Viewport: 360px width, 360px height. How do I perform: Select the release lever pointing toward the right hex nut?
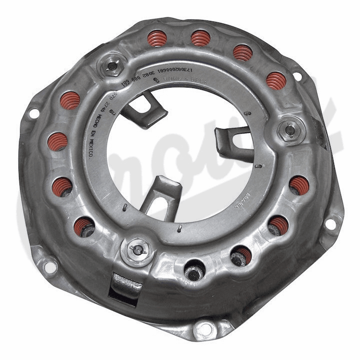click(234, 143)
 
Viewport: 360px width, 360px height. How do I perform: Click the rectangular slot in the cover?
click(125, 286)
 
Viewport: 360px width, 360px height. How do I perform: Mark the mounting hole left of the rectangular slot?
click(50, 266)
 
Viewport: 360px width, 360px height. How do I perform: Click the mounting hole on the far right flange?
click(330, 223)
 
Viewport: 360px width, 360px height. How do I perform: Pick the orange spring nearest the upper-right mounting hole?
click(276, 80)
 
